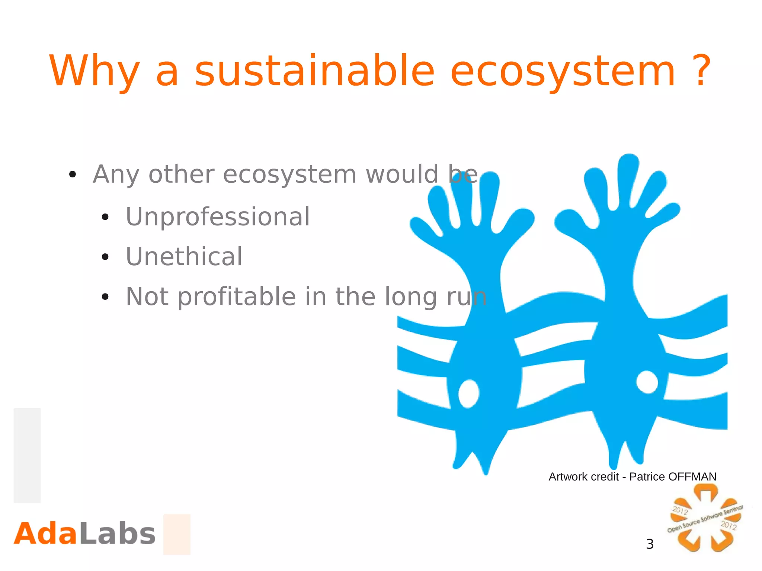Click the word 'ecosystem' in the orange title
pyautogui.click(x=562, y=71)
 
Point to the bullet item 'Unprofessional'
pyautogui.click(x=218, y=216)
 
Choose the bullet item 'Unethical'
pyautogui.click(x=184, y=257)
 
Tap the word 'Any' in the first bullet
pyautogui.click(x=116, y=175)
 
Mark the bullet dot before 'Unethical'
pyautogui.click(x=105, y=257)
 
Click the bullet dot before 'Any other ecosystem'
pyautogui.click(x=73, y=174)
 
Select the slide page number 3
pyautogui.click(x=650, y=544)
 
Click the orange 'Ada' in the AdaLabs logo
pyautogui.click(x=45, y=534)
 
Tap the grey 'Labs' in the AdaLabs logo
pyautogui.click(x=117, y=534)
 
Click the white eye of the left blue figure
pyautogui.click(x=468, y=394)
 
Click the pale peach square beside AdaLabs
pyautogui.click(x=177, y=534)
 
